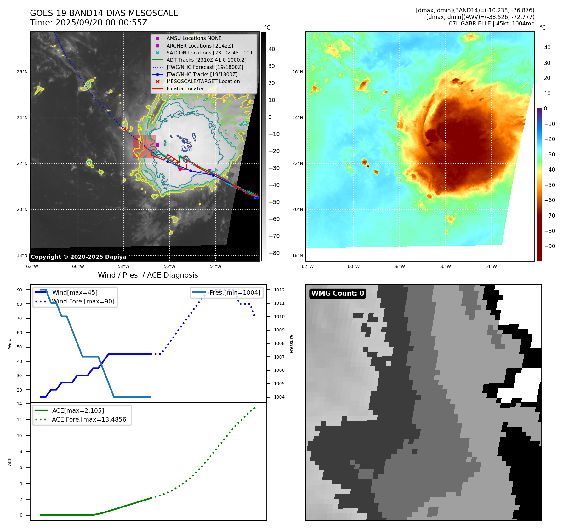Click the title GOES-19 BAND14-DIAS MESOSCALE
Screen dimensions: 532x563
104,13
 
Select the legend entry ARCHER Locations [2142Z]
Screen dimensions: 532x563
200,46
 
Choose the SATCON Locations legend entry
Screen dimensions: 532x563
210,53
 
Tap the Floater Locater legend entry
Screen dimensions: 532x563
185,88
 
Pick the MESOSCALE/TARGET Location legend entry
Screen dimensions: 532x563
203,81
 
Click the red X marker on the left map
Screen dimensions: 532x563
125,129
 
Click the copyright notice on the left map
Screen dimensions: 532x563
78,257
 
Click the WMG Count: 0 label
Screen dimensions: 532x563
338,293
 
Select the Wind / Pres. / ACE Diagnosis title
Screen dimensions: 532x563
148,275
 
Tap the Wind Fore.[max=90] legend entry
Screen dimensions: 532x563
83,301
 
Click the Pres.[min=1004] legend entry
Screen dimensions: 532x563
235,292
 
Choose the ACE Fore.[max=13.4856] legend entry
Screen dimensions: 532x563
90,419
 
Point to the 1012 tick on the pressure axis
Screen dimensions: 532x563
279,290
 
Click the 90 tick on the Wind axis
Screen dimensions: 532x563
20,290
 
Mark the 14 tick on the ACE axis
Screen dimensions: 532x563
20,404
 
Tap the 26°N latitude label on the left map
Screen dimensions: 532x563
22,72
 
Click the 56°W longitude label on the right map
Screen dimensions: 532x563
445,266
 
